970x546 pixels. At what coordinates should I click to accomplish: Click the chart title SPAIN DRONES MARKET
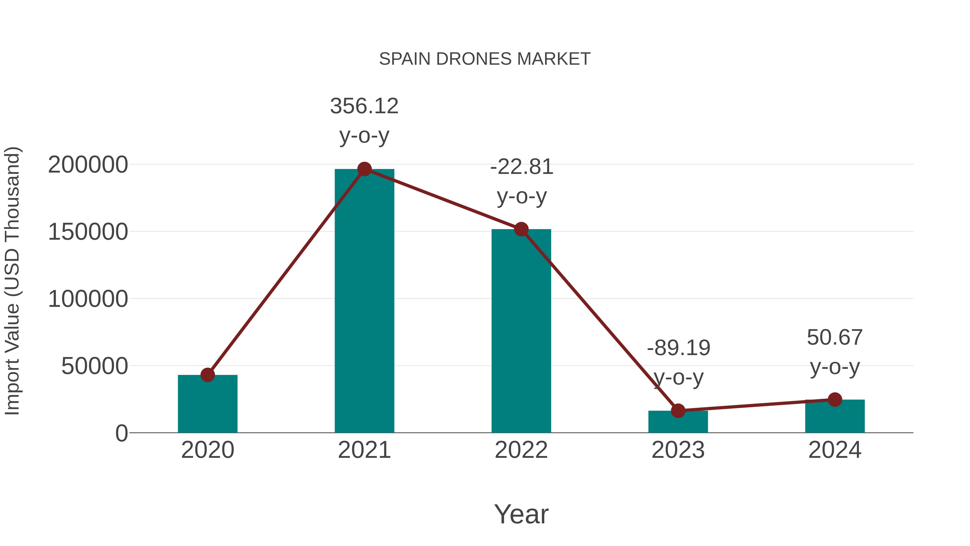pyautogui.click(x=485, y=59)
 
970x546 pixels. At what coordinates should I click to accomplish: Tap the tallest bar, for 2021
pyautogui.click(x=364, y=301)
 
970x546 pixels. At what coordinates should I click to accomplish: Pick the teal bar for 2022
pyautogui.click(x=521, y=332)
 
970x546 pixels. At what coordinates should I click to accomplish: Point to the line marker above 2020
pyautogui.click(x=207, y=375)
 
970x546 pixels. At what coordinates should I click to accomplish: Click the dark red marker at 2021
pyautogui.click(x=364, y=169)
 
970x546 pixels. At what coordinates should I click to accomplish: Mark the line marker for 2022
pyautogui.click(x=521, y=229)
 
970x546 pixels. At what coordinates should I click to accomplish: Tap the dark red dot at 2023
pyautogui.click(x=678, y=411)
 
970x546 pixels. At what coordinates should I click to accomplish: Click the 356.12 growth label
pyautogui.click(x=364, y=107)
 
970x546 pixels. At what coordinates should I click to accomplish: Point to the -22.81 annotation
pyautogui.click(x=522, y=167)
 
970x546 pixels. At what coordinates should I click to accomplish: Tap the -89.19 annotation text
pyautogui.click(x=678, y=348)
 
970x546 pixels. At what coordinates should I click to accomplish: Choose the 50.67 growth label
pyautogui.click(x=834, y=338)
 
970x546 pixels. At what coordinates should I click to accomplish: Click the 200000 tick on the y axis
pyautogui.click(x=88, y=165)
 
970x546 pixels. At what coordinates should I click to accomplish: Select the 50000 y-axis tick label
pyautogui.click(x=95, y=366)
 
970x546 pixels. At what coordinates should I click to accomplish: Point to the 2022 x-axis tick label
pyautogui.click(x=521, y=450)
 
